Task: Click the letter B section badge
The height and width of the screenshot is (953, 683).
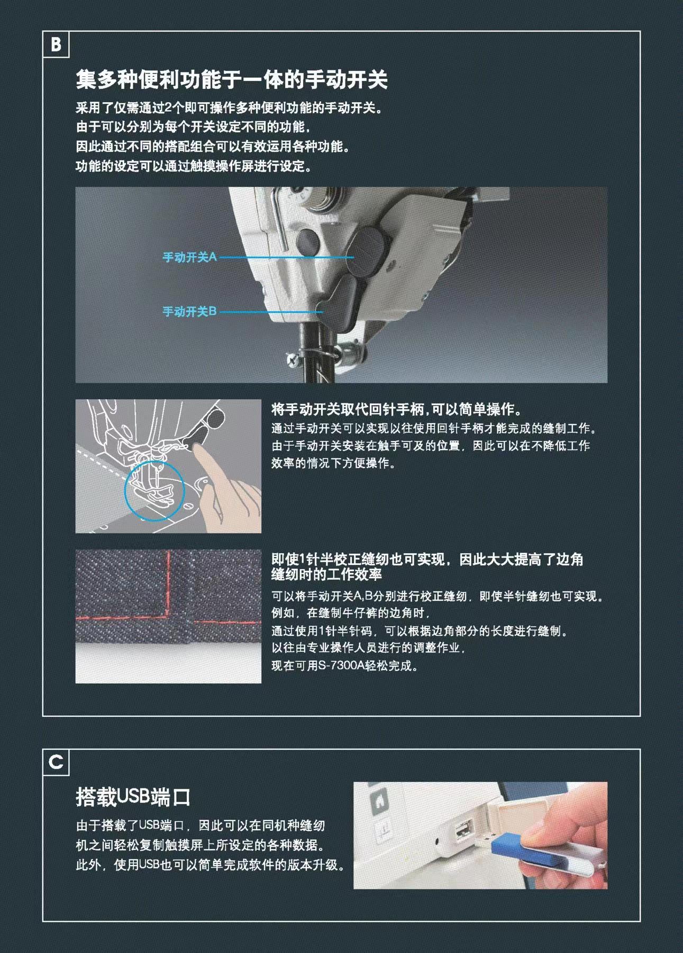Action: pos(56,44)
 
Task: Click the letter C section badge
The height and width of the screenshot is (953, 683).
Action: pos(56,762)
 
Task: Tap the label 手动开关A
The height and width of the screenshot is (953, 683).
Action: pos(189,257)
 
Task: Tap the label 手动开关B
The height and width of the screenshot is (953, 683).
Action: pos(189,312)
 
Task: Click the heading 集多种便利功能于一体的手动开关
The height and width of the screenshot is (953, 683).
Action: pos(232,80)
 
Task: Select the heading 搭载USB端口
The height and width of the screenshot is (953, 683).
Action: pos(133,797)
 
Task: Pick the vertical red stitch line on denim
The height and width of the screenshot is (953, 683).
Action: pos(169,582)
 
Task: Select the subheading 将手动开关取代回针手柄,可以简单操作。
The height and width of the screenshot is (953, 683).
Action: pos(397,409)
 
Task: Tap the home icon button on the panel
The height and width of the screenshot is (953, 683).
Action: pos(380,801)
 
